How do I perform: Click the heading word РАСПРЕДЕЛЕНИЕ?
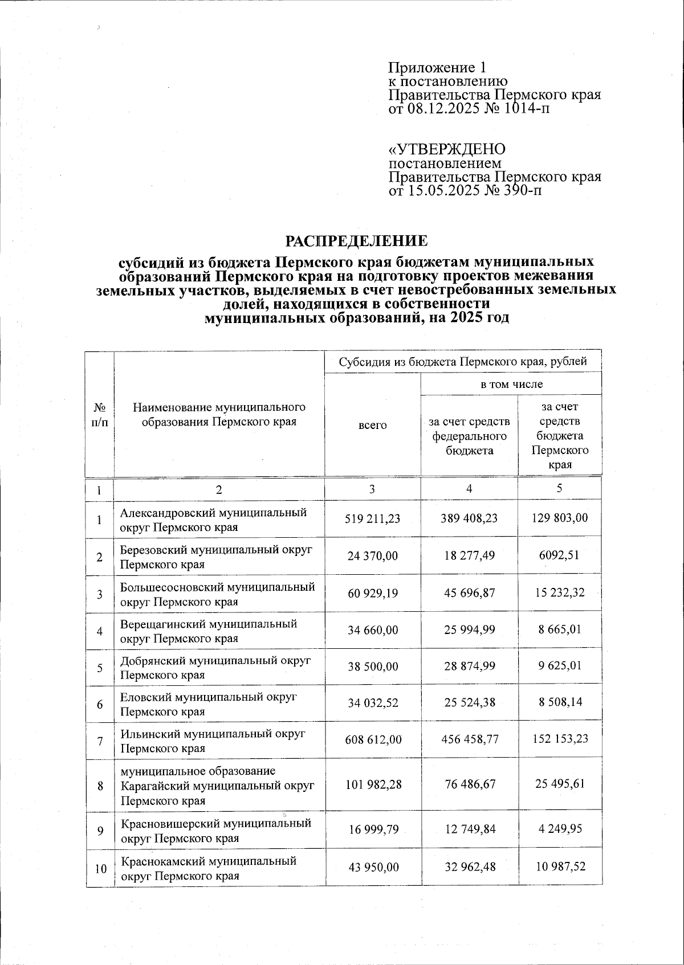click(356, 242)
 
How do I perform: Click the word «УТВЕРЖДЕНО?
click(446, 149)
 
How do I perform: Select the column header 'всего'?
click(373, 425)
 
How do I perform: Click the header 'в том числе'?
click(511, 384)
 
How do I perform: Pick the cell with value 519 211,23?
click(373, 519)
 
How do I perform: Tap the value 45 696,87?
click(469, 593)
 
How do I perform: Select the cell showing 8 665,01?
click(560, 630)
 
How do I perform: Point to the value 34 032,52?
click(373, 703)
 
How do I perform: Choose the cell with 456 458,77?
click(469, 739)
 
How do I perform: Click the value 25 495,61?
click(560, 784)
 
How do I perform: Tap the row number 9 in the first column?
click(100, 831)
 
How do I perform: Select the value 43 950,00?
click(373, 868)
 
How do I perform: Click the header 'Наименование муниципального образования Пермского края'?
click(219, 415)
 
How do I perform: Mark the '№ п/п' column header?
click(100, 415)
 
